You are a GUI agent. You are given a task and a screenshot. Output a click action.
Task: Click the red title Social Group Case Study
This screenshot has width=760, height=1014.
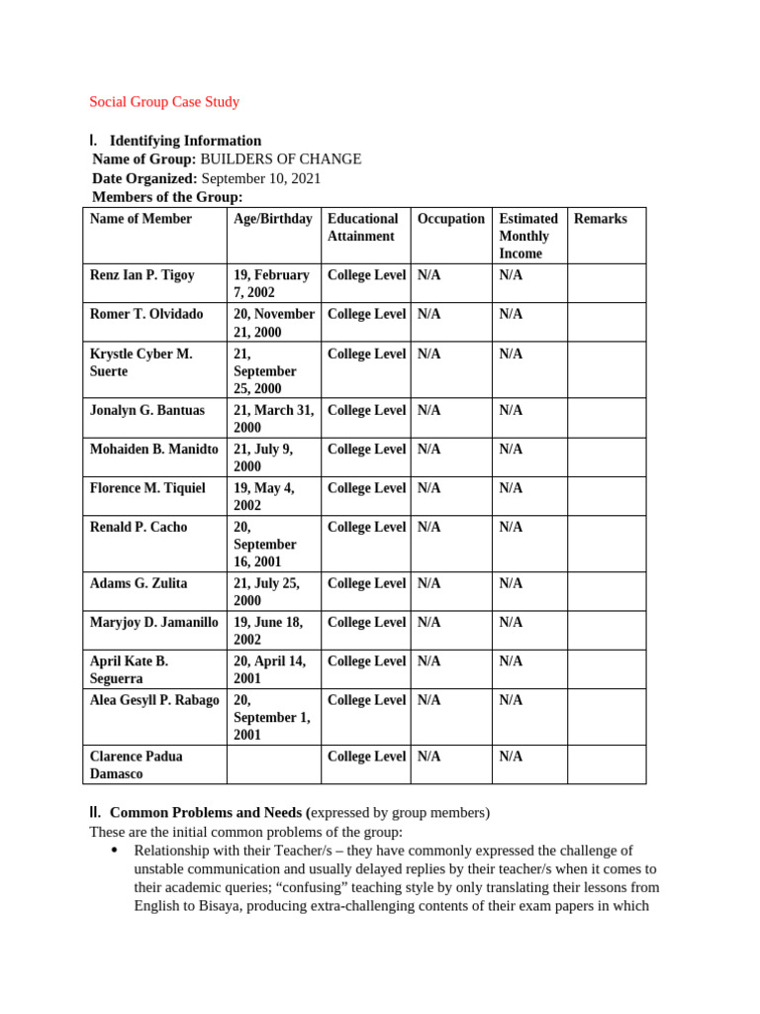point(164,102)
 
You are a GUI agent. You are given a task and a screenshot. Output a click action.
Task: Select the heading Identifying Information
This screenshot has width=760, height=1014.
point(185,141)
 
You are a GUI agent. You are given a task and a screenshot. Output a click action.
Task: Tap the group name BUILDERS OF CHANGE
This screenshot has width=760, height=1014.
point(281,159)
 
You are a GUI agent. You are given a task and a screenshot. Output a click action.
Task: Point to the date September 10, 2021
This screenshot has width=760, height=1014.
point(261,179)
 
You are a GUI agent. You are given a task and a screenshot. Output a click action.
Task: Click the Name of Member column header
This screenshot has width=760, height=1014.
point(141,219)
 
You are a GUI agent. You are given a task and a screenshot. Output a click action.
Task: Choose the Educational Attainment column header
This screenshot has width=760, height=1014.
point(363,228)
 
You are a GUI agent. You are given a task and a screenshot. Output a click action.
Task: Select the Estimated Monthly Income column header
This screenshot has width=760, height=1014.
point(528,236)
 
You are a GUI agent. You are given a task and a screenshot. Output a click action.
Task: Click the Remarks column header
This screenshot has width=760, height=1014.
point(601,219)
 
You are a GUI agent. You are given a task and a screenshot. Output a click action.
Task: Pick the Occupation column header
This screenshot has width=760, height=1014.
point(451,219)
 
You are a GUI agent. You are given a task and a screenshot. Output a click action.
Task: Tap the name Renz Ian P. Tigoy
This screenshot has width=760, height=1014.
point(142,275)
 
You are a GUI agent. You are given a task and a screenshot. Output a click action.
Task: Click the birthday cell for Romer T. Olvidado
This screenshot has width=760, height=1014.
point(274,323)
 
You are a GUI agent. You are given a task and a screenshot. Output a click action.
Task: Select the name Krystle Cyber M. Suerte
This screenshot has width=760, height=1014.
point(142,362)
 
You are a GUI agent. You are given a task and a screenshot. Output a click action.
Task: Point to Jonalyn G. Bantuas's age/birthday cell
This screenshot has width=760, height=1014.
point(273,419)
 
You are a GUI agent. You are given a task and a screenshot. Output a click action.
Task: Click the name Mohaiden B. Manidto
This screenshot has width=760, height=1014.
point(154,450)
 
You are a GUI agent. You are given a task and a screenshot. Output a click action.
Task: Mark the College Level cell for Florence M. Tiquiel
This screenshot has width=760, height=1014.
point(366,488)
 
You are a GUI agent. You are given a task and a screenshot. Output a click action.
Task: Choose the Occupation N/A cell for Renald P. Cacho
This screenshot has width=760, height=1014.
point(429,528)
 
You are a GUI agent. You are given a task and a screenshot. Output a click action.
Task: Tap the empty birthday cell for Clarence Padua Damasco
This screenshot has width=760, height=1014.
point(274,765)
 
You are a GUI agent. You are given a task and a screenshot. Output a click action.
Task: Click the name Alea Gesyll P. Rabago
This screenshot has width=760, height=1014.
point(154,701)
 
